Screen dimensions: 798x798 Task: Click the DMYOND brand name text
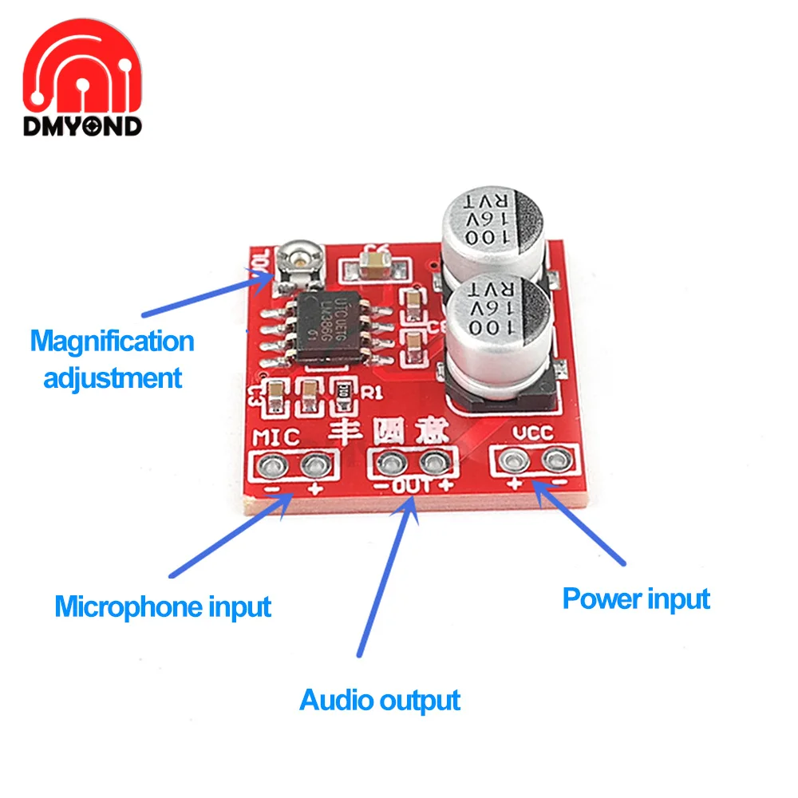[82, 125]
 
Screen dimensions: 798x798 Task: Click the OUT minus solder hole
[390, 461]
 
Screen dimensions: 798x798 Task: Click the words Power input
[636, 598]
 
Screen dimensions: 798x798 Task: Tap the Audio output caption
[380, 700]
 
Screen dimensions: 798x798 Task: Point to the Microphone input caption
[163, 606]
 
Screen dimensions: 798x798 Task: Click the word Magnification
[113, 342]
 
